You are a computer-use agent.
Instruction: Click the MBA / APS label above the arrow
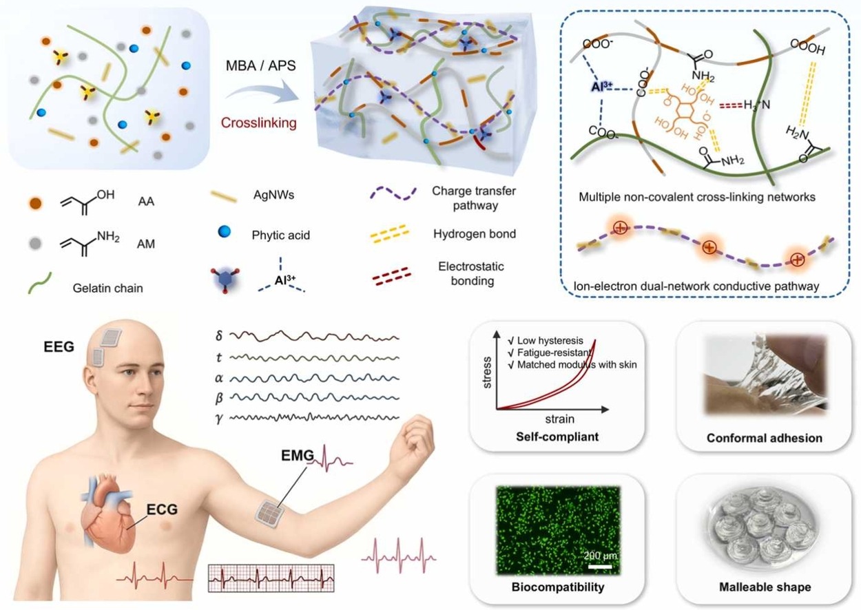[260, 65]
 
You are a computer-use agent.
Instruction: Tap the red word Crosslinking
[259, 123]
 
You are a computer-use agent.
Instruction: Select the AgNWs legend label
[273, 195]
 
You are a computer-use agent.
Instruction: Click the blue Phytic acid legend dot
[225, 231]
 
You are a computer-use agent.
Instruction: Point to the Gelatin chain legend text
[107, 288]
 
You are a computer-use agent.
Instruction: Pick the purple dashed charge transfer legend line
[393, 193]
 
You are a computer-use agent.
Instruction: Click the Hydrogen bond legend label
[475, 233]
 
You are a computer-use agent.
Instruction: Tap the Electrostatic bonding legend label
[471, 273]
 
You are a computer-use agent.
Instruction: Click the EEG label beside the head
[59, 347]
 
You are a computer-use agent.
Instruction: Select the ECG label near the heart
[162, 509]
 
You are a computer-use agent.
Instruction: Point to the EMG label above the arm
[298, 455]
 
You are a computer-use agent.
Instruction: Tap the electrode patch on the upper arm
[270, 513]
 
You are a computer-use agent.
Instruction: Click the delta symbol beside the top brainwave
[219, 335]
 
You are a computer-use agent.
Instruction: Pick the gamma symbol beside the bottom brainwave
[219, 418]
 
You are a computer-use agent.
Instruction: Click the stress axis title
[486, 372]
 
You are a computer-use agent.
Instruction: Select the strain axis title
[559, 419]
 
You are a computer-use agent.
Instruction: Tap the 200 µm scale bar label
[600, 556]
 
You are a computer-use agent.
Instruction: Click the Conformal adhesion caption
[764, 439]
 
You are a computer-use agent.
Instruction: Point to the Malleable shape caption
[765, 587]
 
